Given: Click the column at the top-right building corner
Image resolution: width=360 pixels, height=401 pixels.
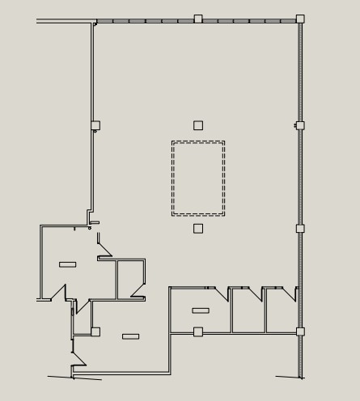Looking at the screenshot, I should (x=300, y=19).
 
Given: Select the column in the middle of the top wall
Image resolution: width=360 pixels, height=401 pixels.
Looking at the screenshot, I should (x=198, y=19).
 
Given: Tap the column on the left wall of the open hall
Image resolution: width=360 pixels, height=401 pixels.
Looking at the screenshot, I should (x=95, y=125).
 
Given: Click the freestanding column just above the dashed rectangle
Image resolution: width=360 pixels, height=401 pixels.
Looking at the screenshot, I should (x=198, y=125).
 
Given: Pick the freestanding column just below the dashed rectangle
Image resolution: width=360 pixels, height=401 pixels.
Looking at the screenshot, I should (x=198, y=229).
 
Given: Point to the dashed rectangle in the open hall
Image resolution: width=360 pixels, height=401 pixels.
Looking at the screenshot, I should (x=198, y=178).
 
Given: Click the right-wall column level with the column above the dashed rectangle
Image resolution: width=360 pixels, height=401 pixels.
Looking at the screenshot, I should (x=300, y=125).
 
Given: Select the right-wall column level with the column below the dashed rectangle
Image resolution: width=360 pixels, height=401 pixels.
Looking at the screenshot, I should (x=300, y=229).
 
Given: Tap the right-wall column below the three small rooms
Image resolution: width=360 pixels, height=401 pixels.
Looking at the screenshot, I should (x=300, y=331).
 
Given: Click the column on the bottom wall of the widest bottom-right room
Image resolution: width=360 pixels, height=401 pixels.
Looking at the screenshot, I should (x=198, y=331).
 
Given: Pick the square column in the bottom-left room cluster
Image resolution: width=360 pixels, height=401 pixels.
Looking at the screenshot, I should (x=95, y=331).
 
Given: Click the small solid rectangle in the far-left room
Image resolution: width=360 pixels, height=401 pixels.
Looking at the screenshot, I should (x=68, y=264).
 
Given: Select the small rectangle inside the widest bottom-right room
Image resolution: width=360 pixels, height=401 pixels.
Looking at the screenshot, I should (x=201, y=310).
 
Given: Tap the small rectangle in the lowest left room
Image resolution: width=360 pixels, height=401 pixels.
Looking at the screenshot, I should (x=130, y=336).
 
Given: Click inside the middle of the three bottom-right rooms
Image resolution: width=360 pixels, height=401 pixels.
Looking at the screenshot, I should (x=247, y=315).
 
